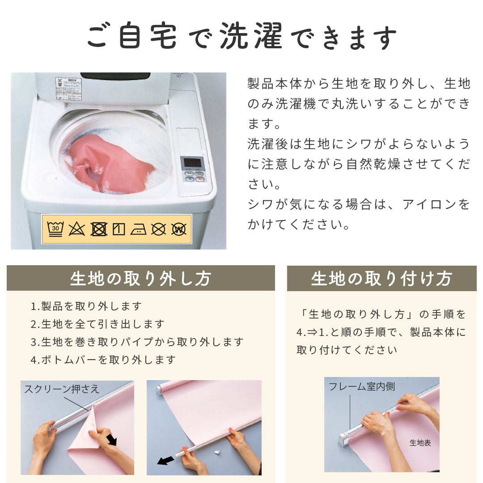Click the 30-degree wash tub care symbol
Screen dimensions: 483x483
[55, 229]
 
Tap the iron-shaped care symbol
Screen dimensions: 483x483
[138, 229]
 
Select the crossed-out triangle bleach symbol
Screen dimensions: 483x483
[77, 229]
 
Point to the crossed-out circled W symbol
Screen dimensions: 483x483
[178, 229]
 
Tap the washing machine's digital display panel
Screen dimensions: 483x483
[192, 163]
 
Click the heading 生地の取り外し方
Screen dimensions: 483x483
[140, 279]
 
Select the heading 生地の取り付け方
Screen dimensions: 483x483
[381, 279]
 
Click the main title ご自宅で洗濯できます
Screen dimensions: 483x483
[241, 36]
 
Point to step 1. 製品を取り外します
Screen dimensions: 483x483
[86, 306]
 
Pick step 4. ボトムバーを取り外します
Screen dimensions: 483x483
[103, 360]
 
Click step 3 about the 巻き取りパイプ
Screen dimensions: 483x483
[137, 342]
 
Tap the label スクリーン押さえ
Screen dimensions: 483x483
[62, 389]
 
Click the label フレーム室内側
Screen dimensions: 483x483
[362, 386]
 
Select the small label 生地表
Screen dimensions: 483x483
[420, 443]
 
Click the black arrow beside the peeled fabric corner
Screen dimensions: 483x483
[111, 440]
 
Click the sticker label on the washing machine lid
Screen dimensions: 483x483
[68, 89]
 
